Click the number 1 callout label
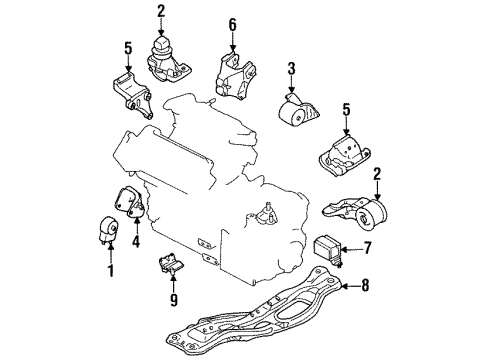tap(111, 271)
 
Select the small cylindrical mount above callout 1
tap(109, 230)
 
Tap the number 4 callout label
tap(136, 241)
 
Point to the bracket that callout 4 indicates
tap(129, 203)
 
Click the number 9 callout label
tap(174, 300)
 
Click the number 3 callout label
tap(292, 68)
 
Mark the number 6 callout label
tap(232, 24)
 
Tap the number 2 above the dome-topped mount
tap(161, 11)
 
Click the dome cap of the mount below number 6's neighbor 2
tap(162, 43)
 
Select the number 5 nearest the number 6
tap(128, 48)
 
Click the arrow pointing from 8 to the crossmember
tap(350, 286)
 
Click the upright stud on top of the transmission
tap(267, 209)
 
